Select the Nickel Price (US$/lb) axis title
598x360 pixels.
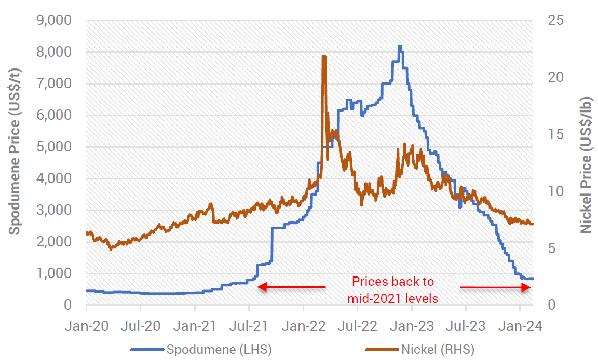click(585, 165)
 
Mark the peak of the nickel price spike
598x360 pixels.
click(324, 56)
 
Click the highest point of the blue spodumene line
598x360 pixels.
click(399, 46)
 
